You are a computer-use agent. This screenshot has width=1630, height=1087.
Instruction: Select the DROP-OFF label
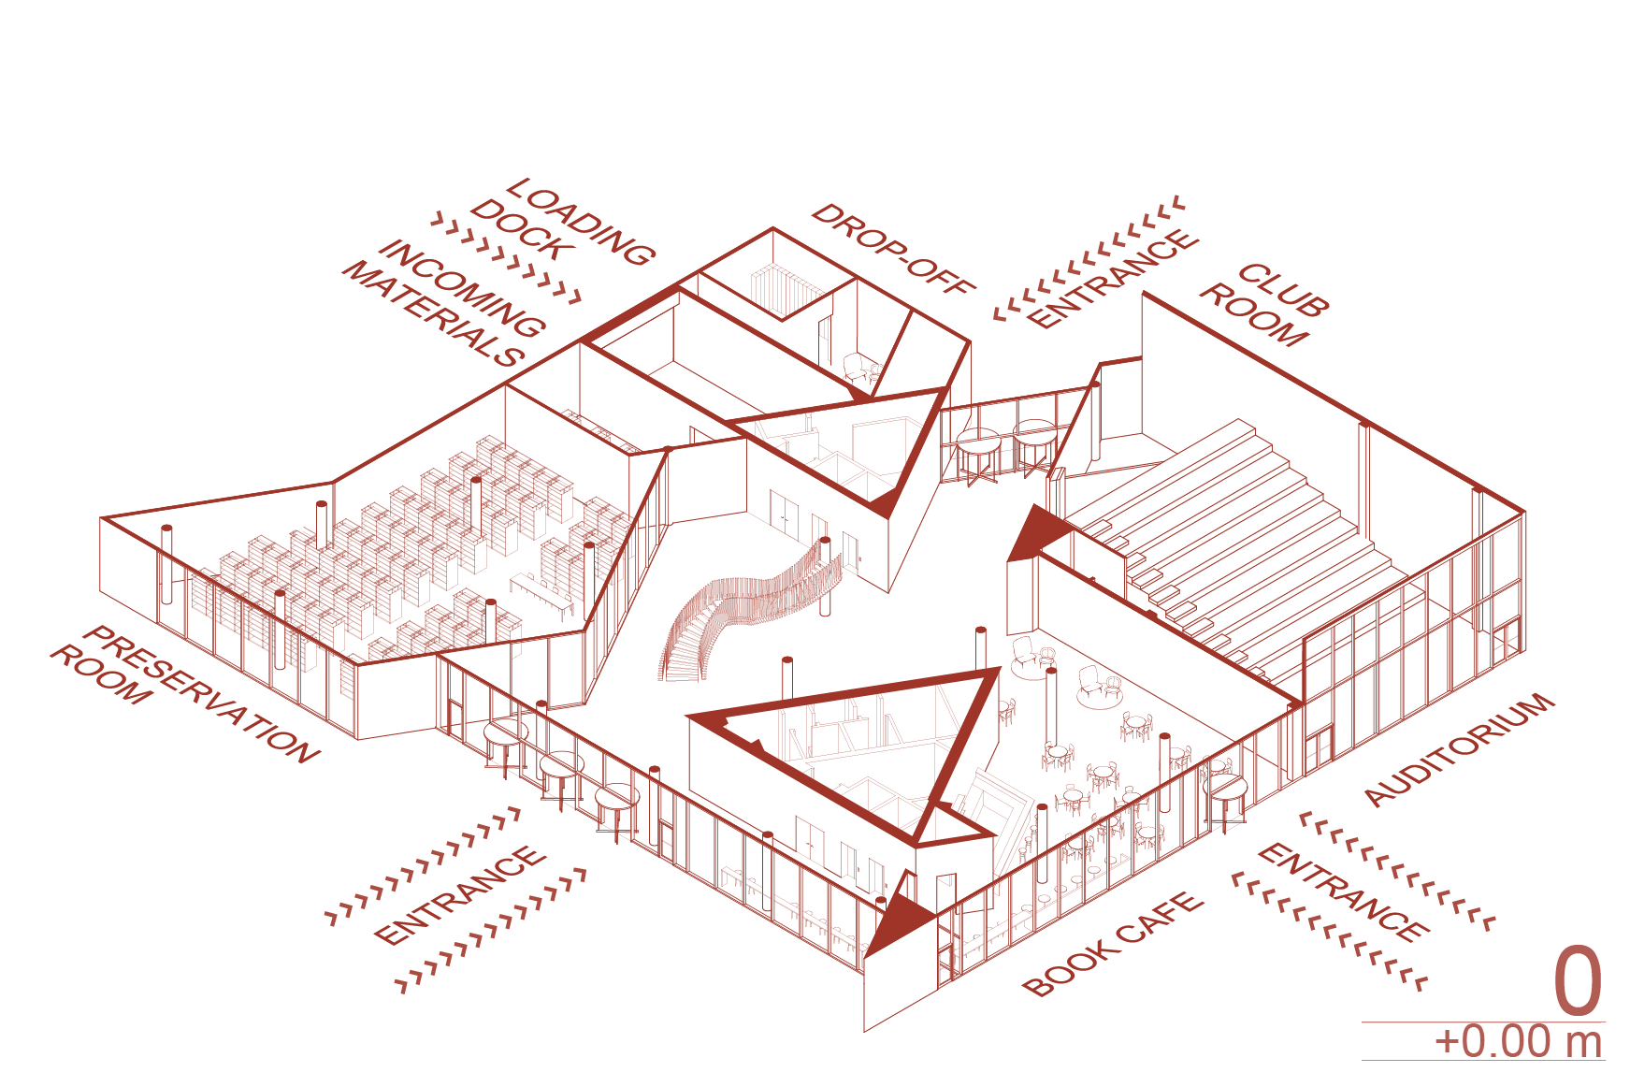pyautogui.click(x=893, y=249)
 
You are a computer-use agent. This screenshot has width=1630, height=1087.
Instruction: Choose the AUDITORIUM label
pyautogui.click(x=1459, y=748)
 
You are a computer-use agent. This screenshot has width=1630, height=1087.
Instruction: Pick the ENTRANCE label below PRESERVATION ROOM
pyautogui.click(x=458, y=894)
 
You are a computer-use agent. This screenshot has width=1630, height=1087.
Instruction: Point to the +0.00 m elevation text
pyautogui.click(x=1519, y=1041)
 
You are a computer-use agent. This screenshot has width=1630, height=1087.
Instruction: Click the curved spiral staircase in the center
pyautogui.click(x=748, y=608)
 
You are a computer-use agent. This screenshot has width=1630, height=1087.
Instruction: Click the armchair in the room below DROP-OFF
pyautogui.click(x=858, y=369)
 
